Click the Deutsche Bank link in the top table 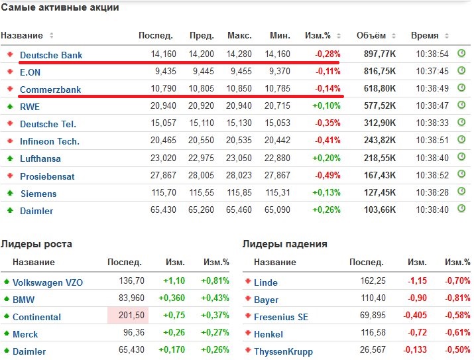(51, 55)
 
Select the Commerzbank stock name (50, 89)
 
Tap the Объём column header (371, 35)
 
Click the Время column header (424, 35)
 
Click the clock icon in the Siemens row (461, 193)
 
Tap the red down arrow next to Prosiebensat (10, 176)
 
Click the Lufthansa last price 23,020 (163, 158)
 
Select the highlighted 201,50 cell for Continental (130, 316)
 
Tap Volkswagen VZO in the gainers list (48, 282)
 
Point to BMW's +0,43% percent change (215, 299)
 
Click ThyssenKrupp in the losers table (283, 351)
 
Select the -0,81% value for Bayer (457, 299)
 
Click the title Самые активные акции (60, 9)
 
